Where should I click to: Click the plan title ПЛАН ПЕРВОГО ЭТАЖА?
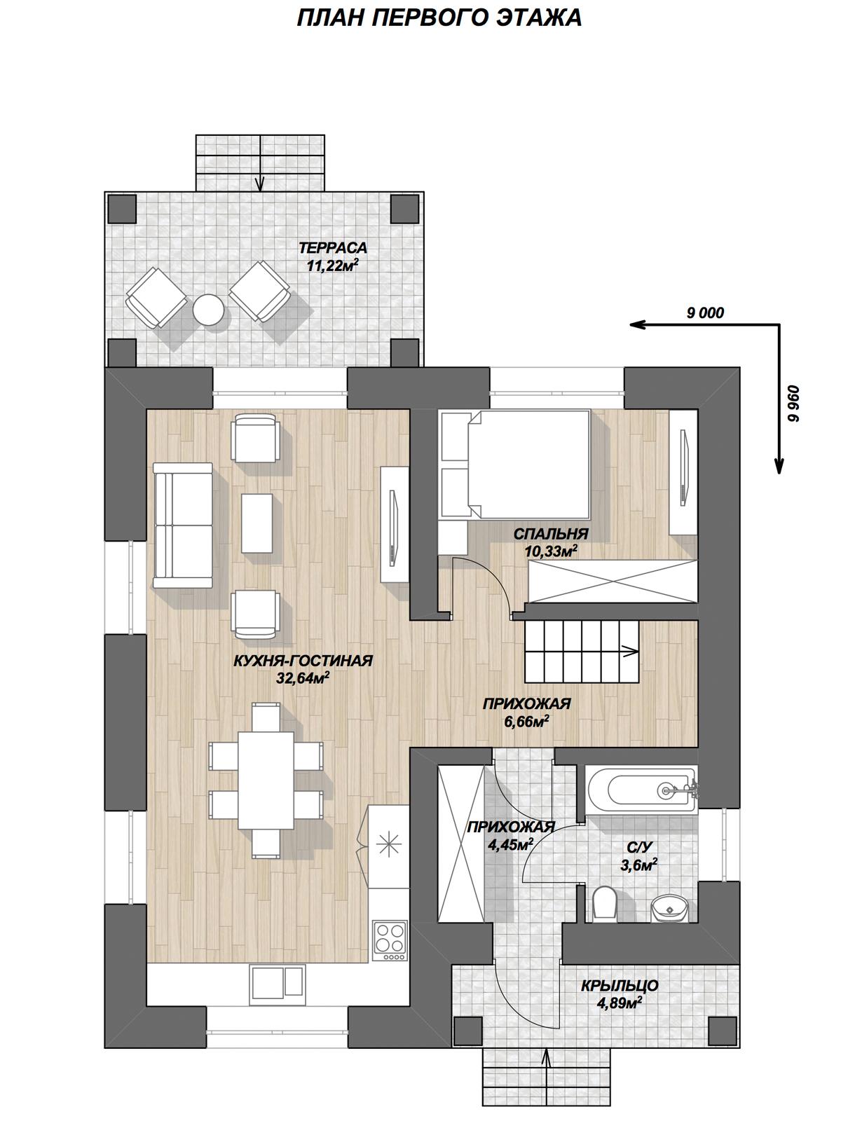pos(439,18)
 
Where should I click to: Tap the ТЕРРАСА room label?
pos(332,248)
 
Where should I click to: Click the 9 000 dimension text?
pos(705,312)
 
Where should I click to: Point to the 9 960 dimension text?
pos(793,404)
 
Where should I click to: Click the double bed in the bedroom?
pos(529,465)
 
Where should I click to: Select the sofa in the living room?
pos(183,525)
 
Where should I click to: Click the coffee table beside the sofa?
pos(257,523)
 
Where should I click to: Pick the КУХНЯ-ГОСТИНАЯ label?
pos(303,661)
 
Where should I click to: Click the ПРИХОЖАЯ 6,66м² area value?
pos(526,720)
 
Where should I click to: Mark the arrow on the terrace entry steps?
pos(260,163)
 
